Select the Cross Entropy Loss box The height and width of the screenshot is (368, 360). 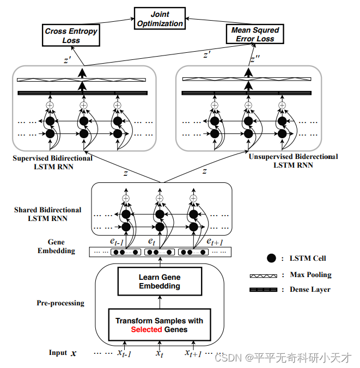pyautogui.click(x=71, y=35)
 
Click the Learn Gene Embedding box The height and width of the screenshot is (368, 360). pyautogui.click(x=160, y=281)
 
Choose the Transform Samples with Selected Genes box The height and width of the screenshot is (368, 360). pyautogui.click(x=159, y=325)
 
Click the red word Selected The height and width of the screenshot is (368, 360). pyautogui.click(x=146, y=329)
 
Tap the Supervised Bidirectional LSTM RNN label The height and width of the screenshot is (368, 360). pyautogui.click(x=53, y=162)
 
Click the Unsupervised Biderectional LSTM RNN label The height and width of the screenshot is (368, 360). pyautogui.click(x=293, y=161)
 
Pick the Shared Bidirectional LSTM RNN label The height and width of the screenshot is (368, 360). pyautogui.click(x=48, y=214)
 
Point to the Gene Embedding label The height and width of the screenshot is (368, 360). pyautogui.click(x=56, y=246)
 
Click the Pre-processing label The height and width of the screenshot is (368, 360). pyautogui.click(x=60, y=303)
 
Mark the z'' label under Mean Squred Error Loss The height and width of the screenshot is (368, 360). pyautogui.click(x=254, y=59)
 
